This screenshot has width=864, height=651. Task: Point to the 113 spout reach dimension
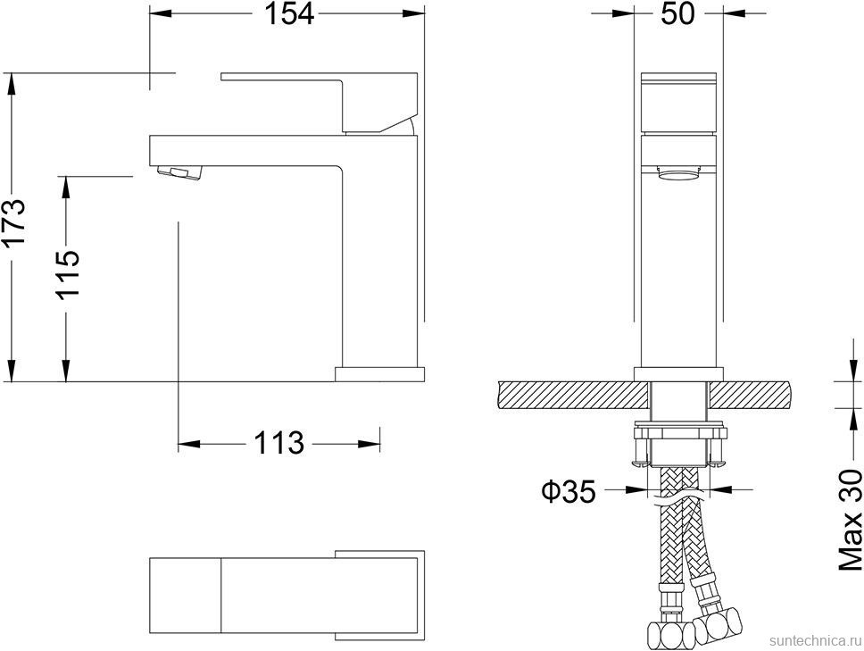pos(279,442)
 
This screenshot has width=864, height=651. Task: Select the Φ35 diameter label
pos(569,490)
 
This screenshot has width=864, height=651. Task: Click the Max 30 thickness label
pos(851,522)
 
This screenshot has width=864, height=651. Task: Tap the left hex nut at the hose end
pos(664,634)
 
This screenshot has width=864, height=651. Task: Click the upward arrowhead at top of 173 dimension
pos(12,81)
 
